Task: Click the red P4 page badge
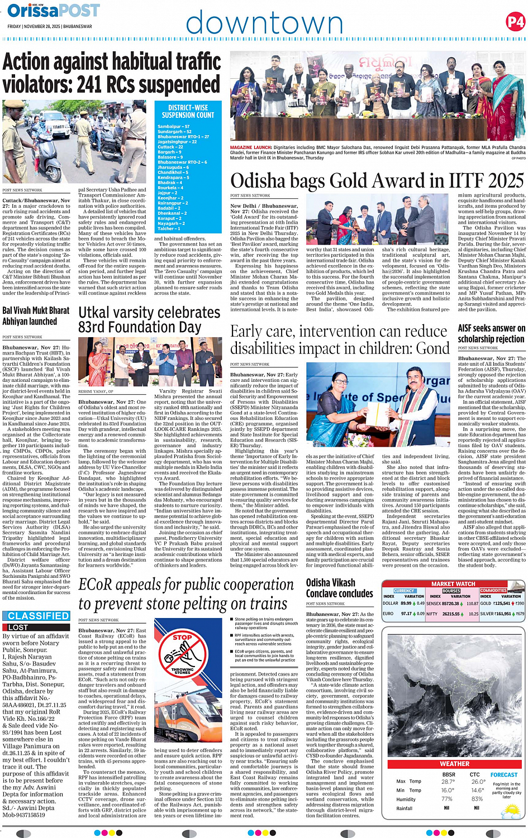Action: [515, 22]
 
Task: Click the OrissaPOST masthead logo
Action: [54, 11]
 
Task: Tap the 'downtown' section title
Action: [264, 23]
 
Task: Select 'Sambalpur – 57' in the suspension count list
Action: [174, 127]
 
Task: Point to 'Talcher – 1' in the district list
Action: [169, 228]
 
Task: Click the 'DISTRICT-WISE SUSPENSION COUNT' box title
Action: [188, 111]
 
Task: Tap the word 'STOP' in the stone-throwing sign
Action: [182, 637]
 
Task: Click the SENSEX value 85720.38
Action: [450, 604]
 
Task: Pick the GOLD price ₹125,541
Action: [502, 604]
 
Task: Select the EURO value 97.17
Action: [406, 614]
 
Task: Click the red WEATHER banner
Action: [454, 764]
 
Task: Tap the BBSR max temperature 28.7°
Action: [448, 782]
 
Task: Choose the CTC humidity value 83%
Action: [477, 799]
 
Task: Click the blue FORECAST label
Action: [504, 775]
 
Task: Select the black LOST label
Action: [17, 628]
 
